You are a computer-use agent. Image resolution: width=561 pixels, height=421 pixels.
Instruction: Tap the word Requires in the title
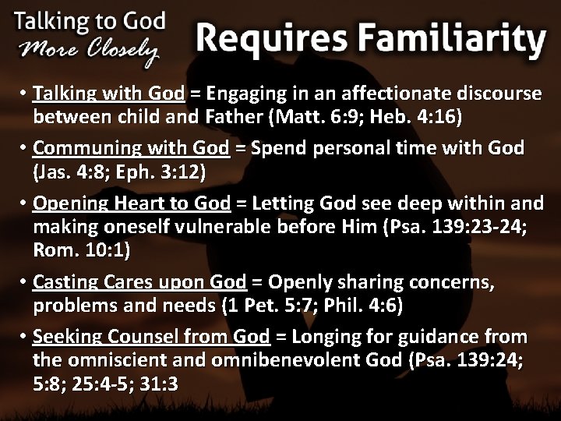point(266,37)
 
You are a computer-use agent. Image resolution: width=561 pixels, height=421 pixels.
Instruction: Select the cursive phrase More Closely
point(90,49)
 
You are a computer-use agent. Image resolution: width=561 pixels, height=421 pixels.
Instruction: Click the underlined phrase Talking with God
point(110,94)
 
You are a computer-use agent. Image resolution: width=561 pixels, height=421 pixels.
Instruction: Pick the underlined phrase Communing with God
point(132,148)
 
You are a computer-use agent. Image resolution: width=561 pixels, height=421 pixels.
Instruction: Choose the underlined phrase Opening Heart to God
point(132,203)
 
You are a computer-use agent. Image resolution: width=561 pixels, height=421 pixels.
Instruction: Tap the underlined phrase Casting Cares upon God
point(140,281)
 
